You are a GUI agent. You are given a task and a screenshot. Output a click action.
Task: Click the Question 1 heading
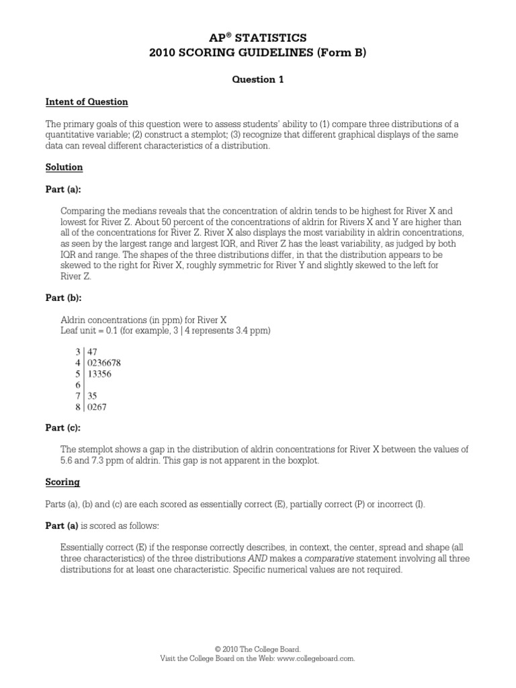(x=258, y=79)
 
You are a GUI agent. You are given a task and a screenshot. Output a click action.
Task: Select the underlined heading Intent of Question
(x=87, y=102)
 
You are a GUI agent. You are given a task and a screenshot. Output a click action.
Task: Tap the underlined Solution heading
(x=64, y=167)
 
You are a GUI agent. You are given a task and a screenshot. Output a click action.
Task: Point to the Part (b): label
(x=64, y=298)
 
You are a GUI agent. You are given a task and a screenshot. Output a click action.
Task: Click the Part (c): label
(x=64, y=429)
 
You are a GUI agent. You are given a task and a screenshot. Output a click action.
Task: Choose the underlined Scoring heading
(x=62, y=482)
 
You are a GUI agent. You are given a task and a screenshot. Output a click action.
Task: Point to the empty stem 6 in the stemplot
(x=78, y=385)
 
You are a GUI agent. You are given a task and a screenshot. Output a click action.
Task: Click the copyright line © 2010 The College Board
(x=258, y=649)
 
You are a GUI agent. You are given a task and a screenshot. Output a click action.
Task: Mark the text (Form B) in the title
(x=345, y=53)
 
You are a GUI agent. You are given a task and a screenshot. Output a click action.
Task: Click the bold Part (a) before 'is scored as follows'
(x=62, y=526)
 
